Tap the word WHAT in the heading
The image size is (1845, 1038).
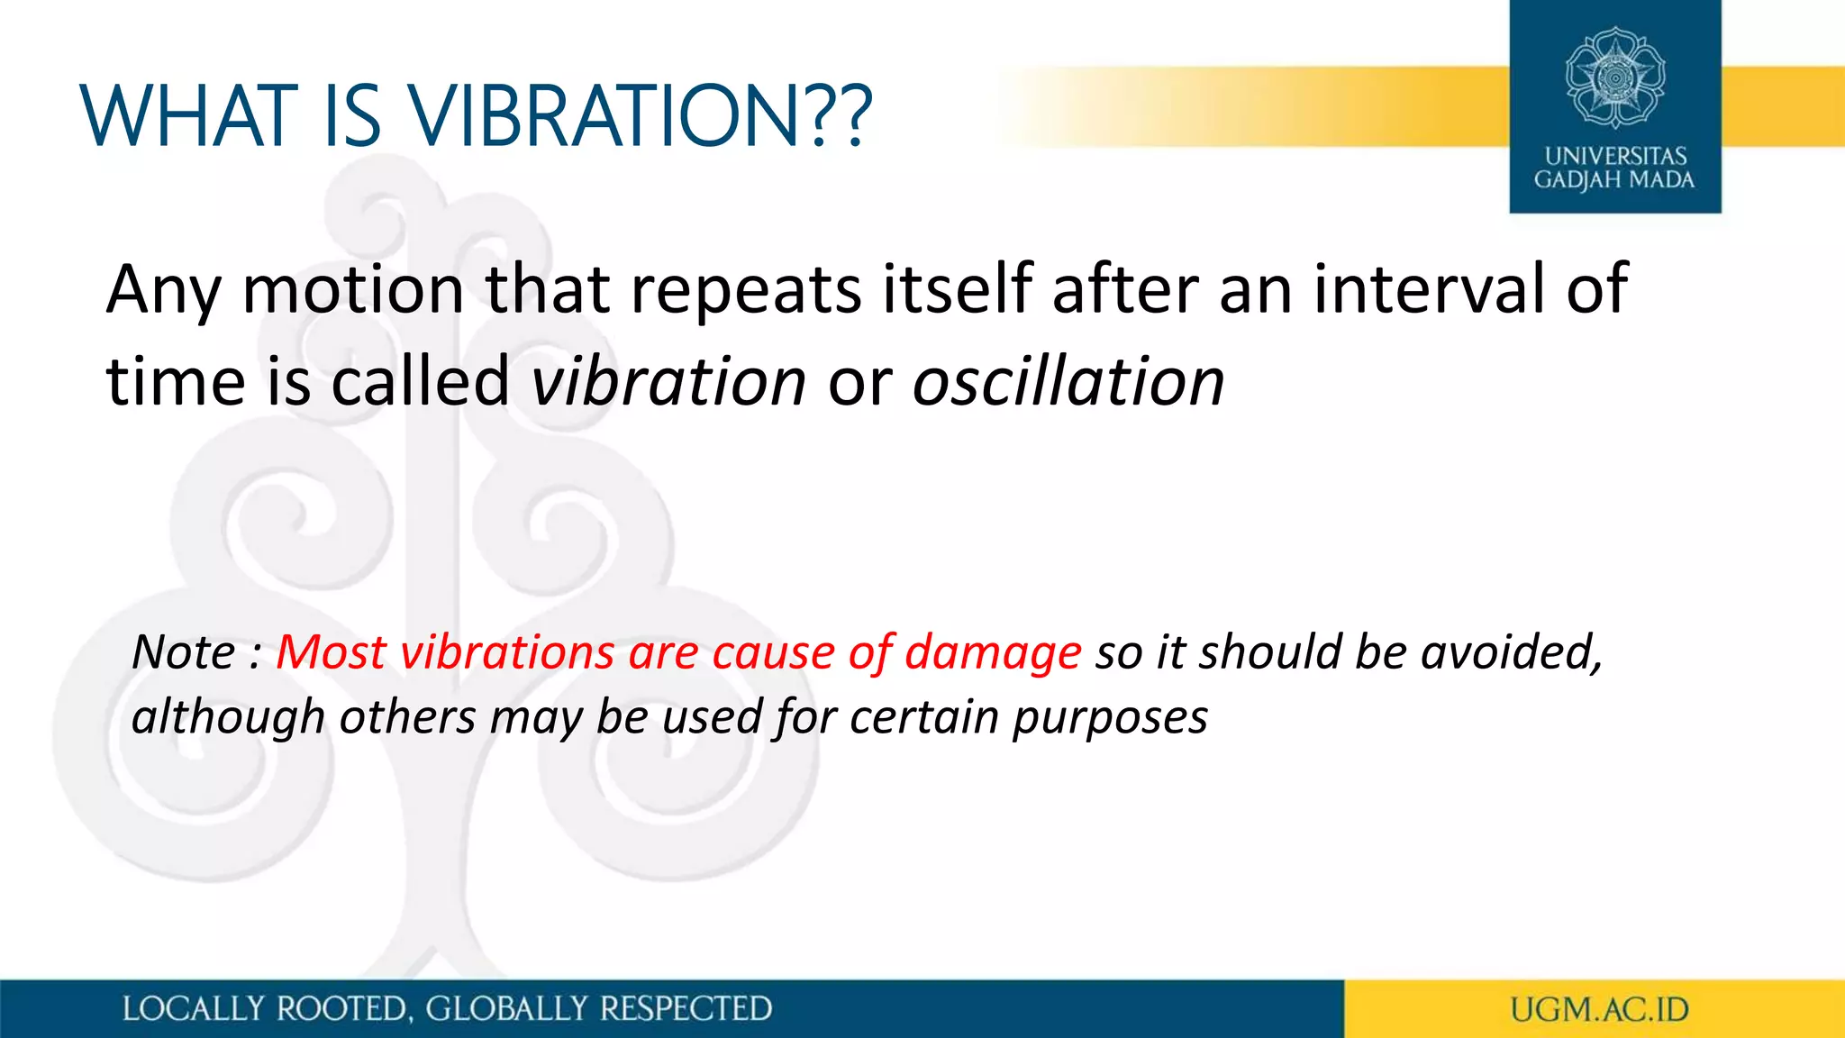tap(189, 116)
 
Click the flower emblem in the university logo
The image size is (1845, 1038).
tap(1615, 77)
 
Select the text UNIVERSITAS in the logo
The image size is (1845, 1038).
tap(1615, 156)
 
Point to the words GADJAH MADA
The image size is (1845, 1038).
tap(1614, 180)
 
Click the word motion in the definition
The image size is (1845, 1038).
tap(353, 290)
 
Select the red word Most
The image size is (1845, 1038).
tap(331, 652)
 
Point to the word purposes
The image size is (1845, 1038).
tap(1110, 719)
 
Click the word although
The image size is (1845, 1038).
tap(228, 719)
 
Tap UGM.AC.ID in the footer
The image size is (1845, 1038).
tap(1599, 1010)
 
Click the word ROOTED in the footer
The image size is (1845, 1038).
tap(341, 1009)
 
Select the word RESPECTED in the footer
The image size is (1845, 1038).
tap(686, 1009)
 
